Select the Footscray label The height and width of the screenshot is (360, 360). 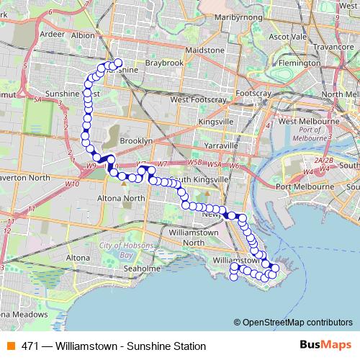(251, 94)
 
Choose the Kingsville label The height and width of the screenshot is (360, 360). (215, 122)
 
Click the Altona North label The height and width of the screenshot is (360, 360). (125, 197)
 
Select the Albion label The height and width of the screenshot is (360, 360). (84, 34)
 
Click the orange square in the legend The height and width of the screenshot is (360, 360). (10, 346)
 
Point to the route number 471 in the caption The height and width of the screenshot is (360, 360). (30, 346)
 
